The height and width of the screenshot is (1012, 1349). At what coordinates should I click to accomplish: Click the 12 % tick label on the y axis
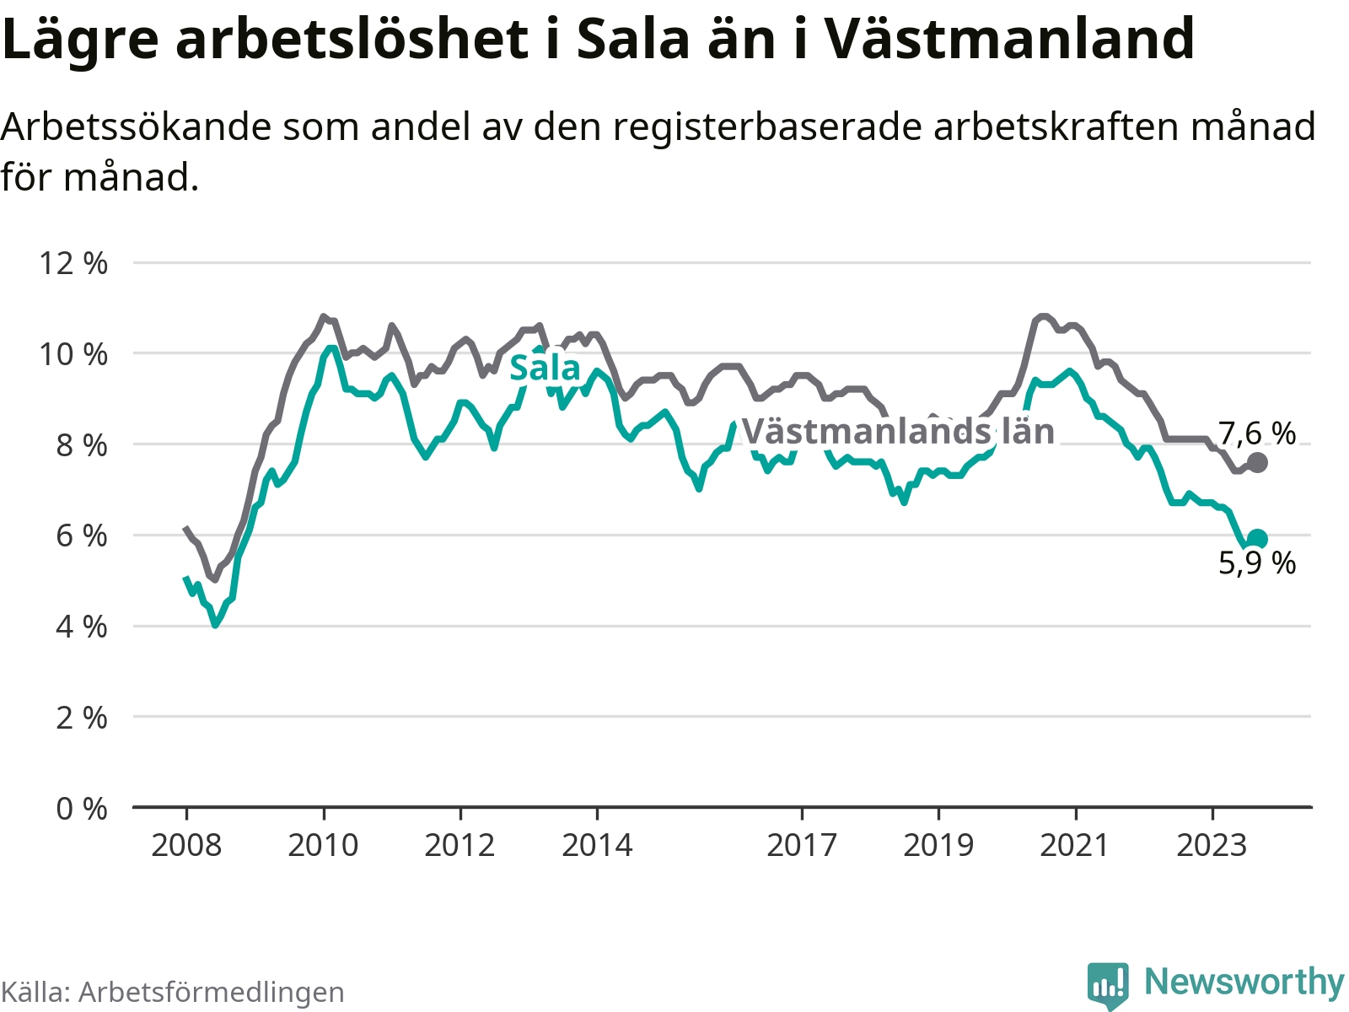[x=73, y=264]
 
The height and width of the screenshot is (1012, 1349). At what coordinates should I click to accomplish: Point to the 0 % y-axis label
[x=82, y=810]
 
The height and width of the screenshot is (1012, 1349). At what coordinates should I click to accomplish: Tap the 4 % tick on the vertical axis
[x=82, y=627]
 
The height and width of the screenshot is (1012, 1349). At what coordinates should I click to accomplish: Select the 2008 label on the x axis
[x=186, y=846]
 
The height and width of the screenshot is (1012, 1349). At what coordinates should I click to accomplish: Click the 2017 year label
[x=802, y=846]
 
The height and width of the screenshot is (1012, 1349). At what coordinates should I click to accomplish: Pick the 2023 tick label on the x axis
[x=1212, y=846]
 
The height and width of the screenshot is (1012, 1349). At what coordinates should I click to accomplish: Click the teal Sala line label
[x=546, y=368]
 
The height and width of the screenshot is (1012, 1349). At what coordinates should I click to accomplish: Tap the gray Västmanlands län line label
[x=899, y=431]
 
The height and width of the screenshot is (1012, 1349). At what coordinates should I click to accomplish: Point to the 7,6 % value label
[x=1257, y=433]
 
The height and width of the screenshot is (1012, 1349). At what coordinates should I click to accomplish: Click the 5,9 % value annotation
[x=1257, y=563]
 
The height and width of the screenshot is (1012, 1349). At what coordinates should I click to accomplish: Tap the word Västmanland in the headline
[x=1008, y=38]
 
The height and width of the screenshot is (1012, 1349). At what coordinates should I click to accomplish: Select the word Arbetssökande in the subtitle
[x=137, y=127]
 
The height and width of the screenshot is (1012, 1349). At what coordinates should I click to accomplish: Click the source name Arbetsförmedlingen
[x=212, y=992]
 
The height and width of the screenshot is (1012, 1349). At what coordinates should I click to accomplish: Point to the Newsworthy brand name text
[x=1244, y=982]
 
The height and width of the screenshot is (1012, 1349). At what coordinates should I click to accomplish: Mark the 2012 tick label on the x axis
[x=460, y=846]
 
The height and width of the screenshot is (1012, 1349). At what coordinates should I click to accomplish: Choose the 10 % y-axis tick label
[x=73, y=354]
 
